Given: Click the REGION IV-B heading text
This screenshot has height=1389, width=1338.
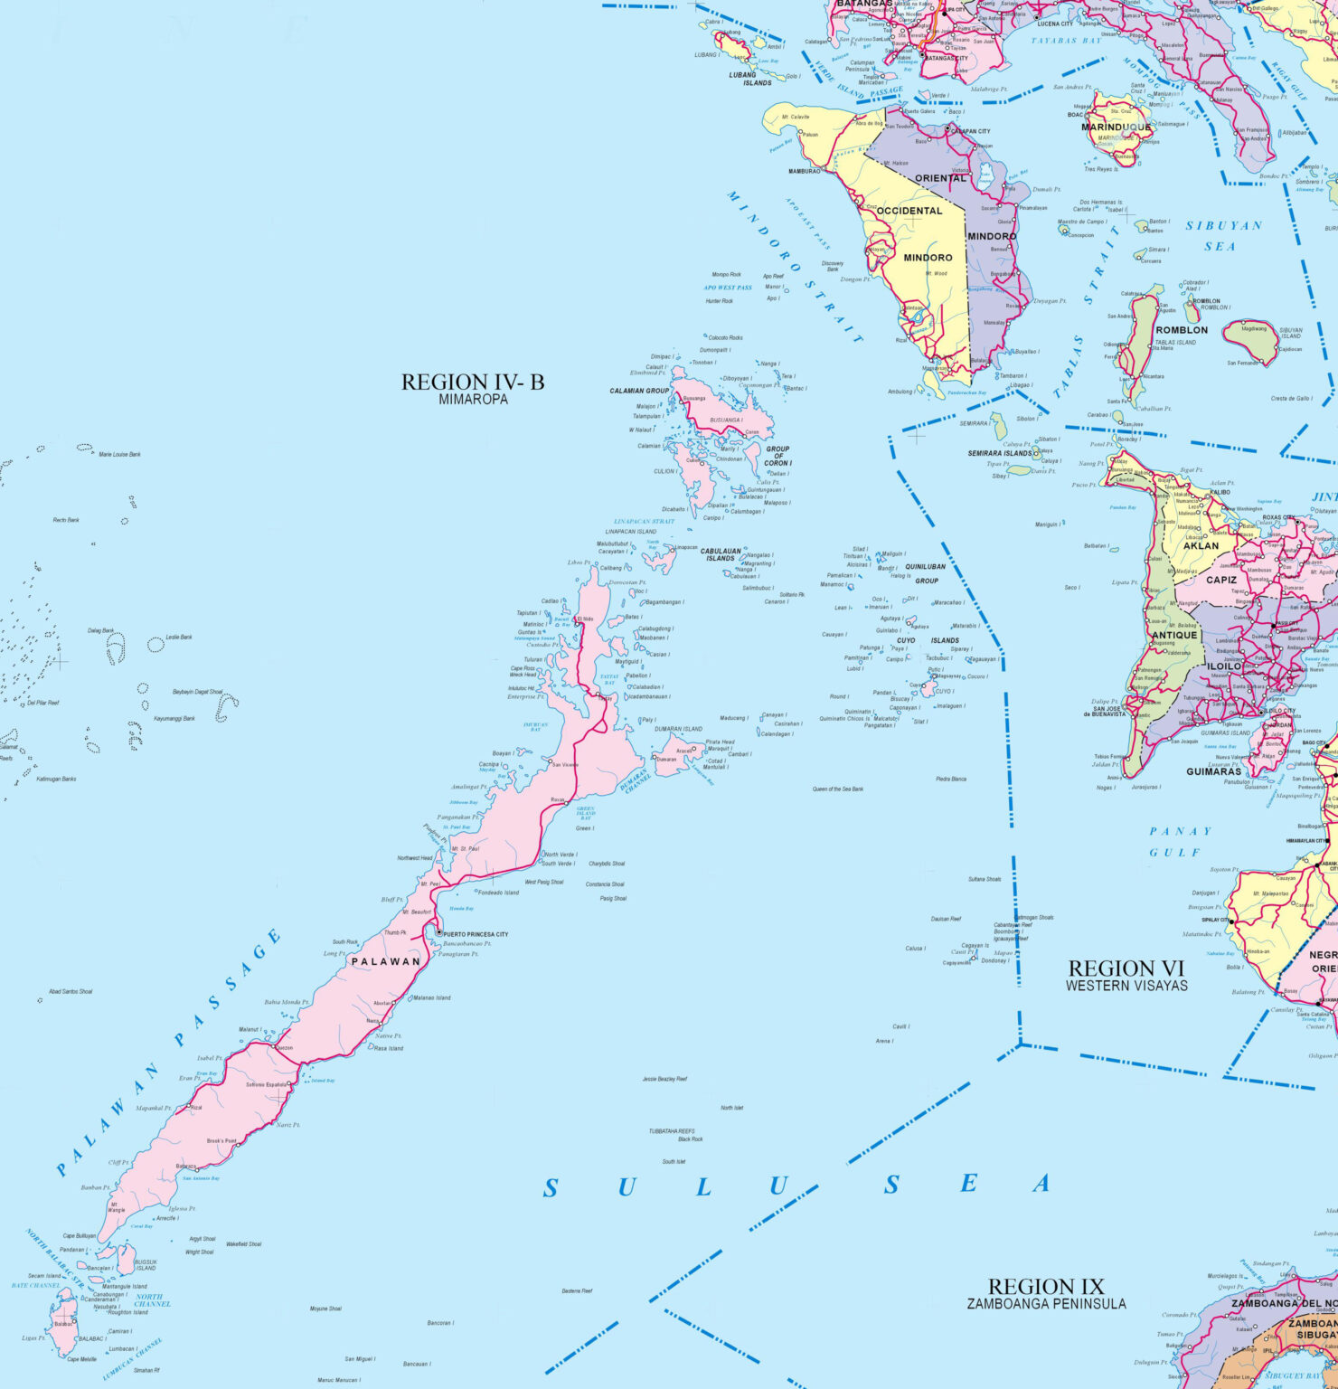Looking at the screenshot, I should pos(473,383).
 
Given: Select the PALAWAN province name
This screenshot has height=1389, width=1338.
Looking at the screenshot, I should pos(386,961).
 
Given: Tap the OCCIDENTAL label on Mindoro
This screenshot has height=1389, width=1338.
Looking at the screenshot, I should pos(909,211).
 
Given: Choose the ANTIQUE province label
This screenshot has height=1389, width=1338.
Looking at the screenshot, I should pos(1175,635).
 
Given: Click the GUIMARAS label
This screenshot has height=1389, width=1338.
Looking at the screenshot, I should pos(1214,771).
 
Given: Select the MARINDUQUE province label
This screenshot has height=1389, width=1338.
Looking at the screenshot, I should pos(1117,128).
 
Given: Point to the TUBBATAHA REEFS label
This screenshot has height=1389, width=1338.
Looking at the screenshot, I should pos(672,1131).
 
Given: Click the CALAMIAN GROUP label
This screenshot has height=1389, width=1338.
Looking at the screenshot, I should pos(639,391).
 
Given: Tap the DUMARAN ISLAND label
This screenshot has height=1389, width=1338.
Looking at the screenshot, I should pos(679,729).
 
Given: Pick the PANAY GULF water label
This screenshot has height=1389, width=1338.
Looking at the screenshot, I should pos(1179,841).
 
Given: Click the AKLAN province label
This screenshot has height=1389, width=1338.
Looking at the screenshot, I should pos(1201,545).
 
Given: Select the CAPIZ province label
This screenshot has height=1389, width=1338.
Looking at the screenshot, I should pos(1221,580).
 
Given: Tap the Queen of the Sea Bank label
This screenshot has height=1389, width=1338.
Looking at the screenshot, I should pos(838,789).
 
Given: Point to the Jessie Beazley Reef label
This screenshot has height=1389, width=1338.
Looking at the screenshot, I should pos(664,1079).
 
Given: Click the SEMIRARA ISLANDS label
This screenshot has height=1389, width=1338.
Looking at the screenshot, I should pos(1000,453).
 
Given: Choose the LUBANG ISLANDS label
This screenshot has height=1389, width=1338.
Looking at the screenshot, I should pos(750,79).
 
